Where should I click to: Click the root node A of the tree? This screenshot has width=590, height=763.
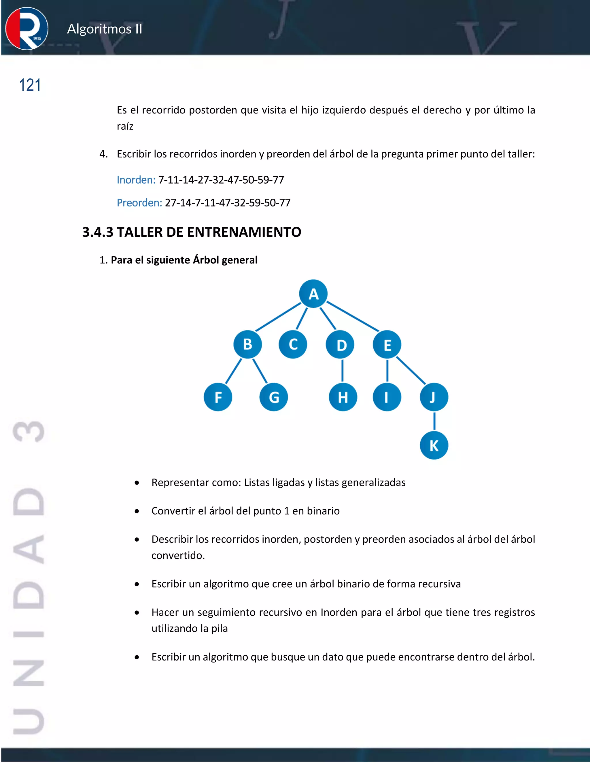coord(313,294)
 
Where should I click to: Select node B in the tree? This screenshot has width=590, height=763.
coord(247,344)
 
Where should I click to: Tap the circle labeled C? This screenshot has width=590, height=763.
coord(293,344)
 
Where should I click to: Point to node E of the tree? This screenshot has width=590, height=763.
coord(387,345)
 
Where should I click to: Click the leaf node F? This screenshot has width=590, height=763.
coord(218,397)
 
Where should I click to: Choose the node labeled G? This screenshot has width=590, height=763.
coord(274,397)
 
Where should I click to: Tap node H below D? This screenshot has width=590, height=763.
coord(343,397)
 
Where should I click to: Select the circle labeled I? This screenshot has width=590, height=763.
coord(387,397)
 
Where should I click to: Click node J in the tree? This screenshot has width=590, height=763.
coord(434,397)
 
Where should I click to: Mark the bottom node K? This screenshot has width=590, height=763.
coord(434,445)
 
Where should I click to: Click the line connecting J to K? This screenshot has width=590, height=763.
coord(434,421)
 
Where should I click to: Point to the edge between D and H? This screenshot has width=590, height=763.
coord(342,370)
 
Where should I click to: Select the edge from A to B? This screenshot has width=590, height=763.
coord(278,317)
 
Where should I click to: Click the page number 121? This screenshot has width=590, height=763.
coord(30,85)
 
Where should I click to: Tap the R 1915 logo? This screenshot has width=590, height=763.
coord(27,29)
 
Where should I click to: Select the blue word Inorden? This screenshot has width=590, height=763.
coord(136,180)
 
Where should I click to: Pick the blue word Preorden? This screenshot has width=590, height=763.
coord(139,203)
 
